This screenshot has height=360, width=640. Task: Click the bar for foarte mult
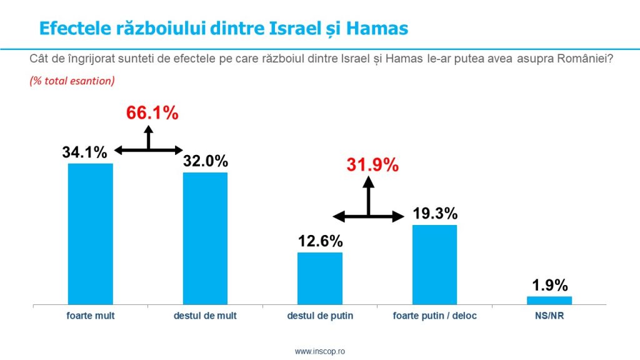pos(90,234)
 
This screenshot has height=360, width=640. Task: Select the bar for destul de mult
pos(205,238)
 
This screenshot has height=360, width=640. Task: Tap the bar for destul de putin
pos(320,278)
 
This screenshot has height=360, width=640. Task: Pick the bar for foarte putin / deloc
pos(434,264)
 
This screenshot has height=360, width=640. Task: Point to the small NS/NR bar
pos(549,300)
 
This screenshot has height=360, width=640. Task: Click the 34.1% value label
pos(85,152)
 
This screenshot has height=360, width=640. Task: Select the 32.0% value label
pos(206,161)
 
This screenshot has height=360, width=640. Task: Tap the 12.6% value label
pos(320,241)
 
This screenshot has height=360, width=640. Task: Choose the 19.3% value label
pos(435,214)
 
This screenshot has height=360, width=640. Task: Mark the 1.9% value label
pos(550,286)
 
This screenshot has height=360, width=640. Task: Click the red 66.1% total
pos(152,113)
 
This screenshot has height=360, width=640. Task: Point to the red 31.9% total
pos(372,165)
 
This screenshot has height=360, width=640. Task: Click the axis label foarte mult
pos(91,316)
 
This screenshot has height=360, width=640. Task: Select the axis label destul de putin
pos(320,316)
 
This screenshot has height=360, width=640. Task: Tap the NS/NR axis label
pos(549,316)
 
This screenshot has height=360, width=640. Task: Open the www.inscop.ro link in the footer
pos(320,352)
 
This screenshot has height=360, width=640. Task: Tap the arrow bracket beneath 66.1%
pos(149,145)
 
